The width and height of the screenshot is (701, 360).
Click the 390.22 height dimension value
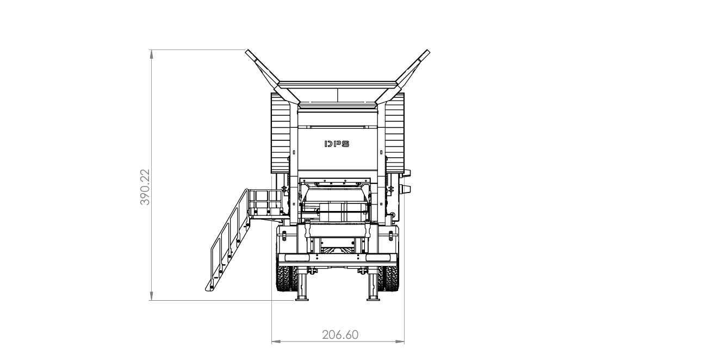coord(145,187)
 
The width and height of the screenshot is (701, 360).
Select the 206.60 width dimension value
coord(340,335)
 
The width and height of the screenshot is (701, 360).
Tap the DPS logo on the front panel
coord(337,144)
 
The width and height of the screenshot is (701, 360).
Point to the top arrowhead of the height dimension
coord(152,54)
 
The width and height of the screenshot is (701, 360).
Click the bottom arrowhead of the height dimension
coord(152,296)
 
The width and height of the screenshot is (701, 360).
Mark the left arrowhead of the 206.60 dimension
coord(276,341)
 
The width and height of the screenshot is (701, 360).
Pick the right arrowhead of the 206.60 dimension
coord(400,341)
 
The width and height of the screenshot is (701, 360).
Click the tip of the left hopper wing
coord(247,51)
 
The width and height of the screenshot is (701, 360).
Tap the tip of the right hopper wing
coord(428,51)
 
